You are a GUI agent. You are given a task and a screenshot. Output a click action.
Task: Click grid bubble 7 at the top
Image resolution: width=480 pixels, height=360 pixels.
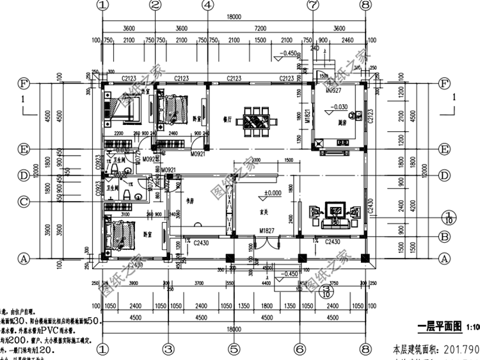(313, 5)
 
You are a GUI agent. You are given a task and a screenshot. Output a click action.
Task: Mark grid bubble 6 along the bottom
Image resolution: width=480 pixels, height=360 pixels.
(299, 349)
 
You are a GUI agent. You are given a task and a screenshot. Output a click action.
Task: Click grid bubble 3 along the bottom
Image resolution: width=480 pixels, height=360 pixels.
(168, 349)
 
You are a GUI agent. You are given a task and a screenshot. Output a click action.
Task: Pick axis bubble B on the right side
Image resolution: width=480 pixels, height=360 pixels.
(443, 236)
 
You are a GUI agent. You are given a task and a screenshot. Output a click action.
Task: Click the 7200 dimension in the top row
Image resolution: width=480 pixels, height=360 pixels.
(260, 29)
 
